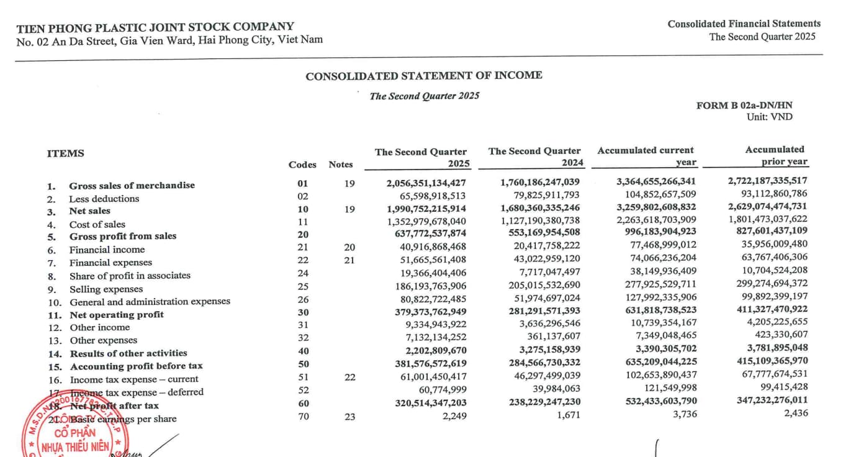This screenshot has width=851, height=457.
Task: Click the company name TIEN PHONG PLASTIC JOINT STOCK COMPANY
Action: coord(155,27)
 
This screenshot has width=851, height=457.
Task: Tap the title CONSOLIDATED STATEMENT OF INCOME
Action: coord(424,76)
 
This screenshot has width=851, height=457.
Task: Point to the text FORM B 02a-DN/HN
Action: coord(744,106)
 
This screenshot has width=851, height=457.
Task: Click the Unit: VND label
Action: coord(769,117)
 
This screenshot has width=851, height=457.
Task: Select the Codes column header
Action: coord(302,165)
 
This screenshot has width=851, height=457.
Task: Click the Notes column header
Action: coord(341,165)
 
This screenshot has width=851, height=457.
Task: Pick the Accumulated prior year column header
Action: coord(775,155)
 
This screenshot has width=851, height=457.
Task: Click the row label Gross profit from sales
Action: coord(122,236)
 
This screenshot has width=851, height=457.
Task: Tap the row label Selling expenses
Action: coord(106,289)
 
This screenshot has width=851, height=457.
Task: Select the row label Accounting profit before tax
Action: coord(136,366)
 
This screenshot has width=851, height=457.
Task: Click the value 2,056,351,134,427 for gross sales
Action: coord(426,183)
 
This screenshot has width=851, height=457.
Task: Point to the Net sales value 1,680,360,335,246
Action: coord(539,208)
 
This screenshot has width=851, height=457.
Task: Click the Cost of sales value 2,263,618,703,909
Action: coord(656,219)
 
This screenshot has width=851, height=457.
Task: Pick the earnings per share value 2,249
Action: coord(454,415)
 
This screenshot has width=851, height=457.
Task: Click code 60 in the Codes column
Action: coord(303,404)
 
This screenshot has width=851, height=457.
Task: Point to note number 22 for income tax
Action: coord(349,377)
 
